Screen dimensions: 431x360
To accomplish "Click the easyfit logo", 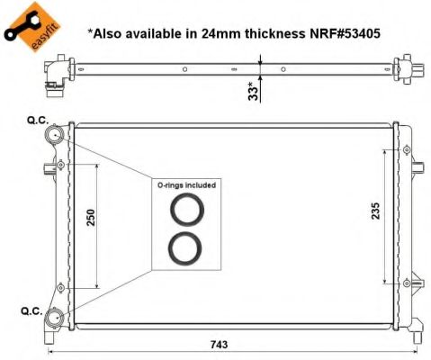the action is click(x=31, y=27).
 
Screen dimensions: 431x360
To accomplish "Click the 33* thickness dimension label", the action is click(x=254, y=91).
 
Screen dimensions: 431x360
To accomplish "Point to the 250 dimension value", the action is click(x=91, y=218).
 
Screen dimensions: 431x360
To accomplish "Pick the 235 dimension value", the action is click(x=375, y=211).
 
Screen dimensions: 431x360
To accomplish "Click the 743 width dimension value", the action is click(x=219, y=345).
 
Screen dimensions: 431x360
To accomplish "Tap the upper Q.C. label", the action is click(x=38, y=121).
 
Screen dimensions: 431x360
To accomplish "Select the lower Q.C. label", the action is click(x=31, y=311).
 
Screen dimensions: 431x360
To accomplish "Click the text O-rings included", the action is click(x=186, y=185).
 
